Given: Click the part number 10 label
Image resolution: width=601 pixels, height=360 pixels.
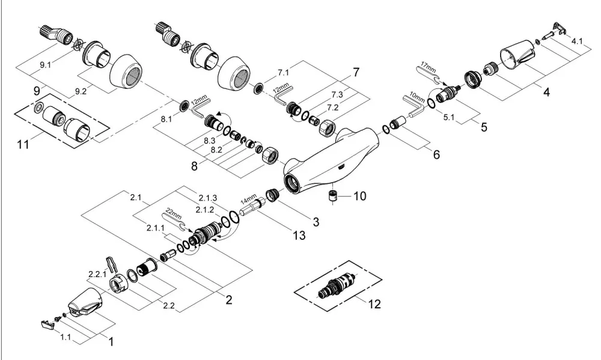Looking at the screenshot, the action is [x=359, y=196].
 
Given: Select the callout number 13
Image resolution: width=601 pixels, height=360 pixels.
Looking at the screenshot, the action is [x=299, y=234].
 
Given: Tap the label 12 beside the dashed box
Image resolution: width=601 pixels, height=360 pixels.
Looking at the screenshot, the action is [x=374, y=304].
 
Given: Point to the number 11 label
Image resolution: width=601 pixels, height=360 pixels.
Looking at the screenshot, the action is [x=23, y=144].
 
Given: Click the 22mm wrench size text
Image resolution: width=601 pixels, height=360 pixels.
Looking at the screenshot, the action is [x=174, y=213].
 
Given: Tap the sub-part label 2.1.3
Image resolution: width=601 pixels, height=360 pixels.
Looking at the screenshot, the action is [x=208, y=198].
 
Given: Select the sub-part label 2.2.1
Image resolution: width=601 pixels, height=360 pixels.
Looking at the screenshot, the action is [x=97, y=274].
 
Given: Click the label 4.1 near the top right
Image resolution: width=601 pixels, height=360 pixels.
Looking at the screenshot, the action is [x=577, y=41].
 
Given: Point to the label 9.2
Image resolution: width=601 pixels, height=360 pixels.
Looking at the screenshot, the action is [x=81, y=91].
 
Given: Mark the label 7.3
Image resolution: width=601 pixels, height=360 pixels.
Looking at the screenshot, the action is [x=337, y=94].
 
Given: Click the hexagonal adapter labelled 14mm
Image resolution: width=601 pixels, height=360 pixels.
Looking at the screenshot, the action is [x=253, y=207].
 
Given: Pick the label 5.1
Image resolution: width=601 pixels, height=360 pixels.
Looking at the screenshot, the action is [x=449, y=117].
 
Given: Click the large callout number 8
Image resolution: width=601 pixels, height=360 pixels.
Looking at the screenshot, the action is [x=194, y=166].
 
